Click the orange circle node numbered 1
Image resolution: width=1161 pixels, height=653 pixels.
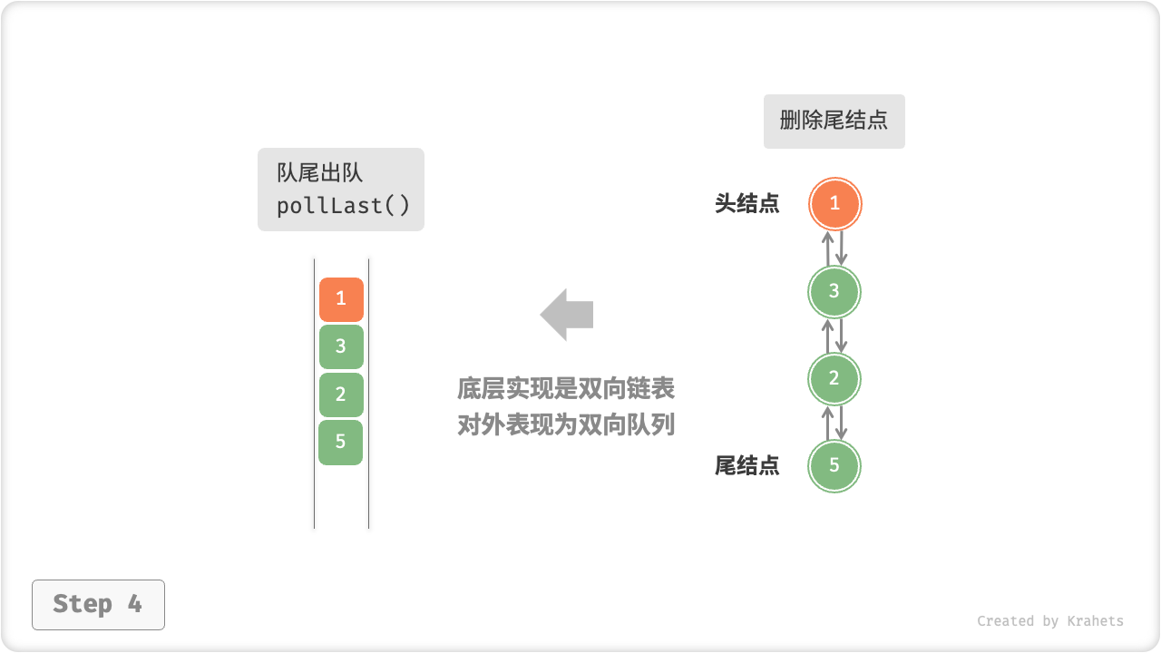coord(834,204)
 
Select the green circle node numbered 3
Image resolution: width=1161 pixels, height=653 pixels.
coord(834,291)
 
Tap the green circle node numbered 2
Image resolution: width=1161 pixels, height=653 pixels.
coord(834,378)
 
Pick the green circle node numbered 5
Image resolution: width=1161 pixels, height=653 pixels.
coord(834,465)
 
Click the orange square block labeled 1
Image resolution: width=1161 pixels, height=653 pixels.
coord(341,299)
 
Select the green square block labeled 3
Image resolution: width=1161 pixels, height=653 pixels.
coord(341,346)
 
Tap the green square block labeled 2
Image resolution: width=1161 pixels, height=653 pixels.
coord(341,395)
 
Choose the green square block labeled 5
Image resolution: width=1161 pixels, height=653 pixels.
coord(341,443)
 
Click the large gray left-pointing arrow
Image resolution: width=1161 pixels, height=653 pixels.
coord(567,315)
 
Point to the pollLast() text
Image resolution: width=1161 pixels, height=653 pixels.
coord(343,206)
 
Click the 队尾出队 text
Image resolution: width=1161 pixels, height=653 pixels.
coord(320,172)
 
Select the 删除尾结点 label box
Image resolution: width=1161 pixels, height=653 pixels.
coord(834,121)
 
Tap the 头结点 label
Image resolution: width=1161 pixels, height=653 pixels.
coord(746,203)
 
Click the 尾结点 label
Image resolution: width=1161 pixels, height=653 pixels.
coord(746,466)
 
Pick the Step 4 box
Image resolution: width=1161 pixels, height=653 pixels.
coord(98,604)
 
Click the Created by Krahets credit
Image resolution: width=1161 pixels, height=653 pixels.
coord(1049,621)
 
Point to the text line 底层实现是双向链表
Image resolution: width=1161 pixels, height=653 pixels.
coord(566,389)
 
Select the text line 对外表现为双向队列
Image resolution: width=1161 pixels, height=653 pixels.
coord(566,424)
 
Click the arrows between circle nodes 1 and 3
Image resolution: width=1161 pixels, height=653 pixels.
coord(834,248)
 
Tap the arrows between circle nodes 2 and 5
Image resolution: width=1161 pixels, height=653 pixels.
coord(834,422)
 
